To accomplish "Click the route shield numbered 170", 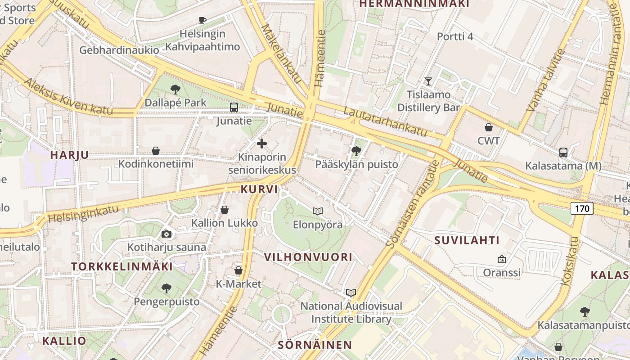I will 582,208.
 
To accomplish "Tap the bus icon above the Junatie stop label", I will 234,108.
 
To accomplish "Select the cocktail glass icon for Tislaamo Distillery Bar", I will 428,81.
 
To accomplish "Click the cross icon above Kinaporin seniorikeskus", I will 262,144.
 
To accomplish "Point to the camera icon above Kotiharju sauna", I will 166,234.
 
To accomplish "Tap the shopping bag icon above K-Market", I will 238,270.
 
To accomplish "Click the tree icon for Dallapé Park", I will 175,90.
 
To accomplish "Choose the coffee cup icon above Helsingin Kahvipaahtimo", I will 202,20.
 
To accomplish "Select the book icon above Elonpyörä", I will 318,211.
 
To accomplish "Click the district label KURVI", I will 259,189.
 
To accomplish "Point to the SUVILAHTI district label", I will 467,240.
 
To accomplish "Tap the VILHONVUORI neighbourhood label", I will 308,257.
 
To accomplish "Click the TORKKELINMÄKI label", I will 122,266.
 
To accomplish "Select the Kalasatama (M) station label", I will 563,166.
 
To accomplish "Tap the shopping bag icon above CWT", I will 489,128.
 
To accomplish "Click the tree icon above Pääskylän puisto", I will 356,151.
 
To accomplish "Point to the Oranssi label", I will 502,272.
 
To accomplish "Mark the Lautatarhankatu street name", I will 385,122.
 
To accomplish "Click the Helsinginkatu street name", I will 83,214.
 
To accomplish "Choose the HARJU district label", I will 69,155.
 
